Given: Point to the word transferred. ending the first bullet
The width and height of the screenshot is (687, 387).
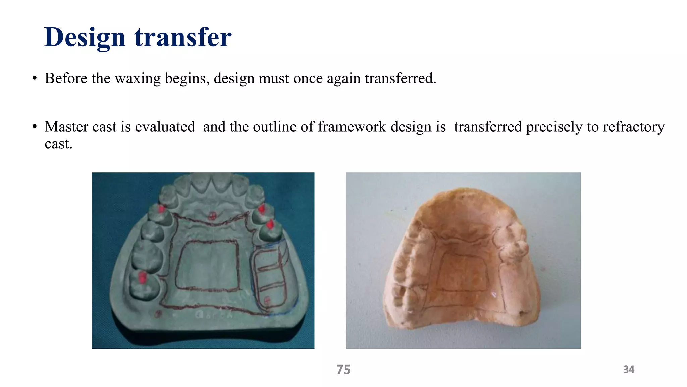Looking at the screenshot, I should tap(401, 79).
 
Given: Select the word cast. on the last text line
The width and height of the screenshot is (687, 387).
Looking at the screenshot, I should tap(58, 144).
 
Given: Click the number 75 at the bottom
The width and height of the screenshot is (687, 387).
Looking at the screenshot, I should tap(343, 370).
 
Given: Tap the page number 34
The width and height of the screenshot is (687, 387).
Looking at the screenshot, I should tap(629, 370).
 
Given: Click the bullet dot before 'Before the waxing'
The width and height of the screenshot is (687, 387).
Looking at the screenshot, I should tap(34, 79).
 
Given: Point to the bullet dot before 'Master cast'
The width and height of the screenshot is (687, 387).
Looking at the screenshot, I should tap(34, 127).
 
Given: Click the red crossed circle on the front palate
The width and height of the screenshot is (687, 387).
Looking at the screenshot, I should tap(212, 216).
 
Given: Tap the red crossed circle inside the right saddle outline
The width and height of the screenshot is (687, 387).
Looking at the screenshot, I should tap(267, 300).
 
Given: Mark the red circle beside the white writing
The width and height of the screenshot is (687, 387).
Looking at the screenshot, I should tap(158, 314).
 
